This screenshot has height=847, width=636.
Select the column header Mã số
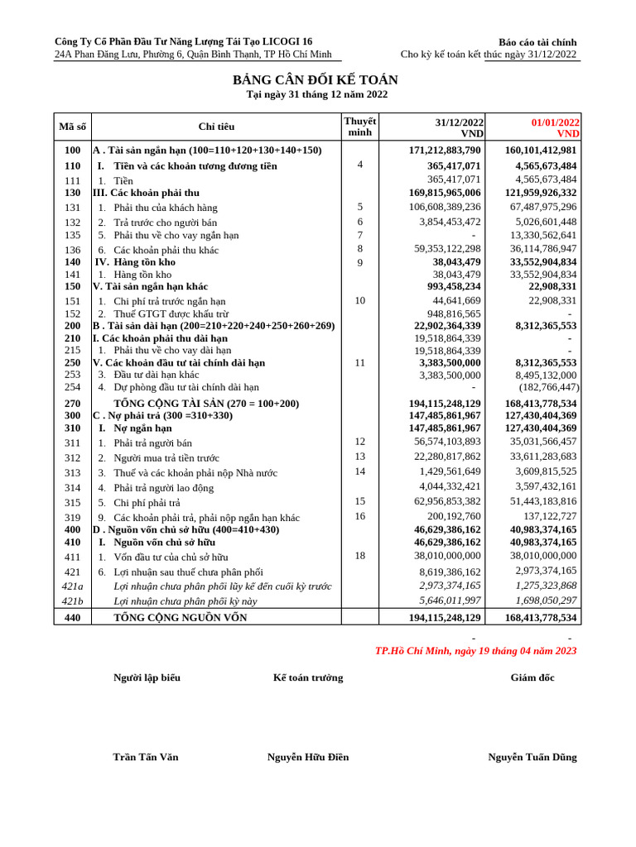click(x=72, y=127)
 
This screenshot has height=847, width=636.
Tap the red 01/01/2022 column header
click(x=555, y=122)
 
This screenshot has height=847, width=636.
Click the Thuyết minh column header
click(x=359, y=127)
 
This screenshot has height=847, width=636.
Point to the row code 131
click(x=72, y=208)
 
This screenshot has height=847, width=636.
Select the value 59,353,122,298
click(x=447, y=249)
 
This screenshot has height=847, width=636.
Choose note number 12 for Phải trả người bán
click(x=359, y=442)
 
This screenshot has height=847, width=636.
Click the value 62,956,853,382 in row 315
click(x=447, y=501)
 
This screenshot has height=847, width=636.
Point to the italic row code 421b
click(x=72, y=601)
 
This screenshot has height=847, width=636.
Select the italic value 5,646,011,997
click(x=450, y=601)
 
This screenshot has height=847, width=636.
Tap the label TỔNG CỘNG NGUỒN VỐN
click(x=180, y=617)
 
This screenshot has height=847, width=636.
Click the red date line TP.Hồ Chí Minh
click(x=475, y=651)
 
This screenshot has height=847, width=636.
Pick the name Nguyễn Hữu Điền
click(x=308, y=757)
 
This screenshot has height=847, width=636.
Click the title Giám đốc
click(x=532, y=677)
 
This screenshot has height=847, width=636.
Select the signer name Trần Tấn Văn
click(x=146, y=757)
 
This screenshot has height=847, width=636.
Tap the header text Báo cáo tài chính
click(x=537, y=42)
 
